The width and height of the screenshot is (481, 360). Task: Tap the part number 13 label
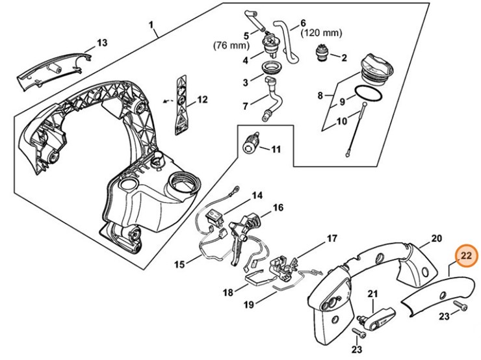point(101,44)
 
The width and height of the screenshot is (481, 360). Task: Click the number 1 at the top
point(151,26)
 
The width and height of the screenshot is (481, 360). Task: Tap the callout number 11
point(276,149)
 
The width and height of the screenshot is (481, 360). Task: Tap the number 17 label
point(331,239)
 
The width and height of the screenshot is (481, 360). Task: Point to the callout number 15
point(179,263)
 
